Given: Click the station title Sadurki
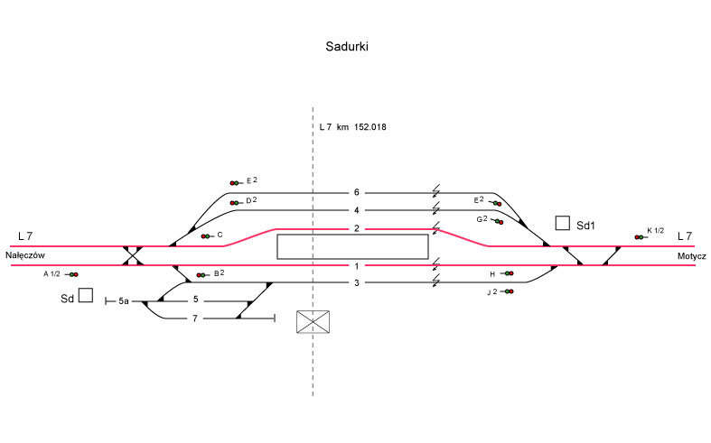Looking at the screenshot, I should pos(347,47).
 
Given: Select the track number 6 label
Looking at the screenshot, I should pos(357,192).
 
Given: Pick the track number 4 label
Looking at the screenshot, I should pos(357,210).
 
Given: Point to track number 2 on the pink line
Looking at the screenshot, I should pos(357,228).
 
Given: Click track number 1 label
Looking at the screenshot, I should pos(357,265).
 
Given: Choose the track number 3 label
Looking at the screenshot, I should pos(357,283).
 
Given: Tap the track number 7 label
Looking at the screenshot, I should pos(194,318).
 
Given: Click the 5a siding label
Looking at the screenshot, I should pos(124,300).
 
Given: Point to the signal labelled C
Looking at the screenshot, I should pos(207,236).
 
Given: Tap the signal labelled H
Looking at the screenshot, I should pos(508,273).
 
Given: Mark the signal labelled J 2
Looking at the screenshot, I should pos(509,291).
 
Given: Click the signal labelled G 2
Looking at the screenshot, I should pos(497,221).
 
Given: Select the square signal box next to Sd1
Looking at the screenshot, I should pos(563,223).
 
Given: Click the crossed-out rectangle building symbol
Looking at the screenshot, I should pos(313,321).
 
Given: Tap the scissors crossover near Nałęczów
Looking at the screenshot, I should pos(134,255).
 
